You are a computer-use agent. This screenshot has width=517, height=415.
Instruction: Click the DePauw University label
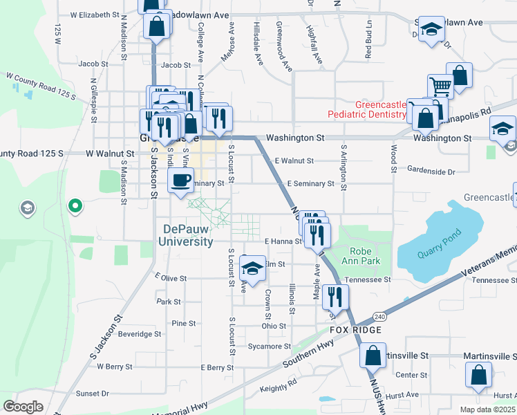click(188, 235)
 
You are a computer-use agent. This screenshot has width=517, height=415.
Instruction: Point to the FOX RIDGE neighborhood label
click(355, 330)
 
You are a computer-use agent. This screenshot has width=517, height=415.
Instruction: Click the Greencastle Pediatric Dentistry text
click(380, 109)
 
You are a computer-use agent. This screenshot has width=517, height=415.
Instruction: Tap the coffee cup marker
click(181, 181)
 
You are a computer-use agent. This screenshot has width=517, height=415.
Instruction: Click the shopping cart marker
click(440, 87)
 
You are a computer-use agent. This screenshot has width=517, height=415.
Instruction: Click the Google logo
click(23, 407)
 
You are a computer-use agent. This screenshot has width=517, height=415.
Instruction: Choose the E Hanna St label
click(283, 241)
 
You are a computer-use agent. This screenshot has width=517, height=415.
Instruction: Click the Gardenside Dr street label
click(431, 169)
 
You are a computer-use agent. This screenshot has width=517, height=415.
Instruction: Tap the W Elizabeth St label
click(95, 15)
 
